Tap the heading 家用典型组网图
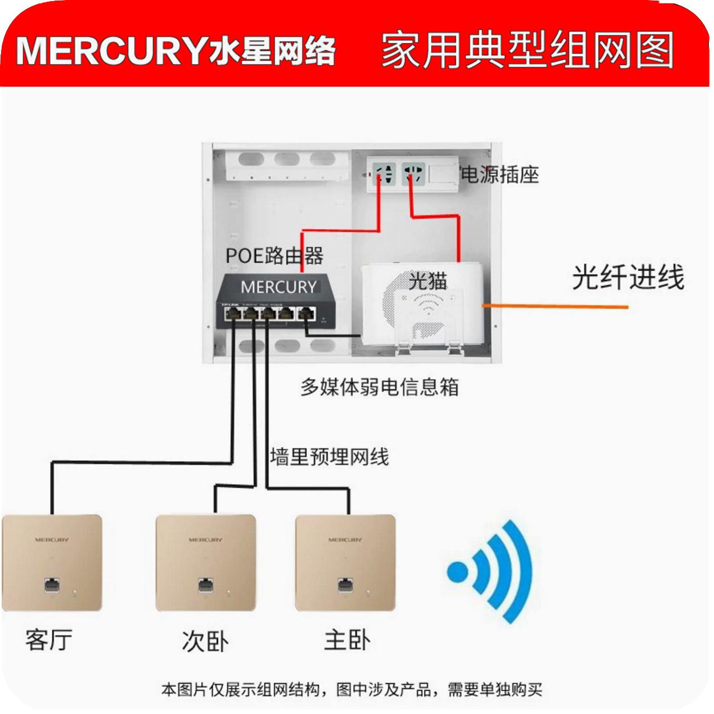click(528, 50)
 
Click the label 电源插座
click(500, 175)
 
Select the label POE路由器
click(274, 255)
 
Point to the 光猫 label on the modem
click(428, 281)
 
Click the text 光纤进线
click(627, 278)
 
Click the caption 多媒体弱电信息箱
click(379, 387)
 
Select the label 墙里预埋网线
click(329, 457)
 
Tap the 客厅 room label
click(49, 640)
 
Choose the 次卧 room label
click(205, 641)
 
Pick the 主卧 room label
click(347, 640)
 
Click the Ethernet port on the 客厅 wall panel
click(52, 585)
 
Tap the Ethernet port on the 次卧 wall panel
click(205, 585)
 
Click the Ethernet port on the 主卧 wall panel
click(345, 585)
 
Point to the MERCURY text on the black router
click(278, 287)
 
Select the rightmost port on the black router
click(307, 313)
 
